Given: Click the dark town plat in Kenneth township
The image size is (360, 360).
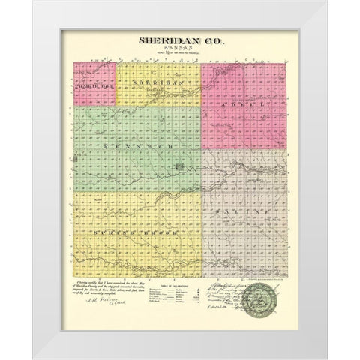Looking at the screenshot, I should (x=178, y=148).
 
